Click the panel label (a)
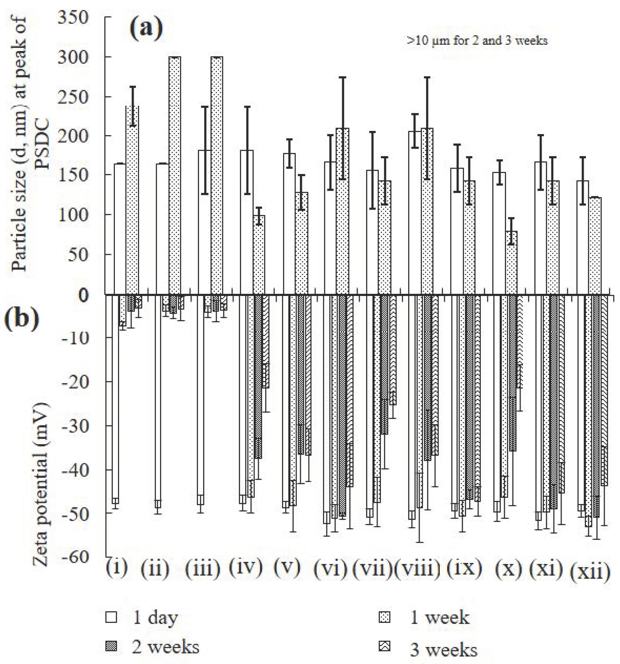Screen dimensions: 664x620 [x=146, y=29]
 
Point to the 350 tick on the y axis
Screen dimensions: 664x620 [x=73, y=17]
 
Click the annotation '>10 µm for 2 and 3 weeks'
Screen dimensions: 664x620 [x=477, y=41]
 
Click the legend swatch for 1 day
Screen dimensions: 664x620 [x=111, y=617]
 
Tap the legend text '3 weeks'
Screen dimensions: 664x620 [x=444, y=650]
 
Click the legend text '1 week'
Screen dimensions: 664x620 [x=440, y=618]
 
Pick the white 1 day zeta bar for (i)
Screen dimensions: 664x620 [x=115, y=397]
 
